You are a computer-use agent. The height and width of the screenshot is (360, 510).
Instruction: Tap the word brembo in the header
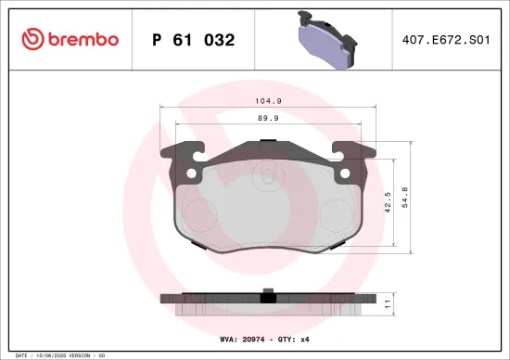[83, 40]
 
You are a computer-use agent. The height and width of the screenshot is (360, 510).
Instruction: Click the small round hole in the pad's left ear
[191, 174]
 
